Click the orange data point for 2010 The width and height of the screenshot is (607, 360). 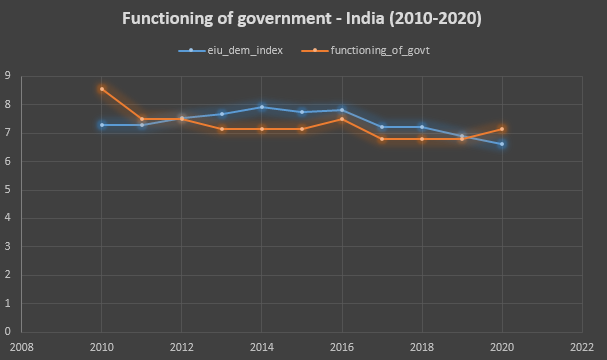click(102, 89)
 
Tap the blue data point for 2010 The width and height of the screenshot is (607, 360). click(102, 125)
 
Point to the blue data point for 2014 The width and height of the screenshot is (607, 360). click(262, 107)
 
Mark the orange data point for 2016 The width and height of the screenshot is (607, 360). click(342, 119)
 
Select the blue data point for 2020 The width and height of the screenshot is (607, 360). click(502, 144)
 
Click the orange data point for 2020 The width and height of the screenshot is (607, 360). click(502, 129)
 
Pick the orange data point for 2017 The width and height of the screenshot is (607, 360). click(382, 139)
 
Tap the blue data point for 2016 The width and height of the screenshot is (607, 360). click(342, 110)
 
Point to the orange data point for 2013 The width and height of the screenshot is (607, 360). click(222, 129)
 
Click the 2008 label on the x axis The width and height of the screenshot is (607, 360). click(22, 346)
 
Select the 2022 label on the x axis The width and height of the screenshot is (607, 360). click(581, 346)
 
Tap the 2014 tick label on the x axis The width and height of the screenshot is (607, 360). click(262, 346)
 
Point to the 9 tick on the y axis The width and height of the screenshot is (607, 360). click(8, 76)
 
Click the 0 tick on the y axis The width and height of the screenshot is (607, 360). click(8, 332)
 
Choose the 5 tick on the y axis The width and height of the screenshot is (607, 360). click(8, 190)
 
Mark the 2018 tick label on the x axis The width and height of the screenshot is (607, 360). click(422, 346)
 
